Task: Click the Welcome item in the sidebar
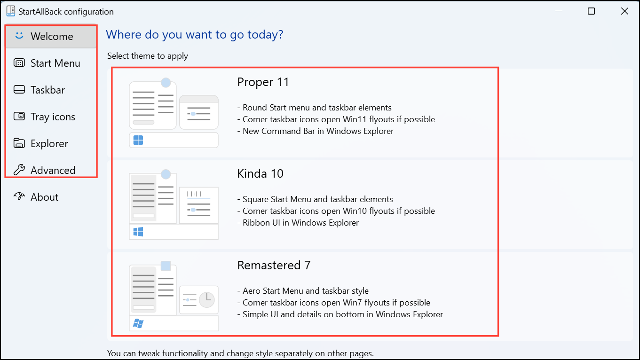51,36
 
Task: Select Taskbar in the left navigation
47,90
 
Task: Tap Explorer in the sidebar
49,143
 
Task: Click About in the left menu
44,197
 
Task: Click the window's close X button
624,11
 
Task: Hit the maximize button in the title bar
591,11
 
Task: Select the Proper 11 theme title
263,82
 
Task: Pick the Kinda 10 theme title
260,173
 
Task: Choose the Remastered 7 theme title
274,265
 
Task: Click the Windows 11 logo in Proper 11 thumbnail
138,140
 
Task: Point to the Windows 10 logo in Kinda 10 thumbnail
138,232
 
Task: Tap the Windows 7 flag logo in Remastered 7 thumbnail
138,323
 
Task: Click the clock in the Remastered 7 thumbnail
207,300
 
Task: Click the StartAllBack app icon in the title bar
11,11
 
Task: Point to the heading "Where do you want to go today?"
195,35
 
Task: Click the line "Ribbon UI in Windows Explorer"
300,223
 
